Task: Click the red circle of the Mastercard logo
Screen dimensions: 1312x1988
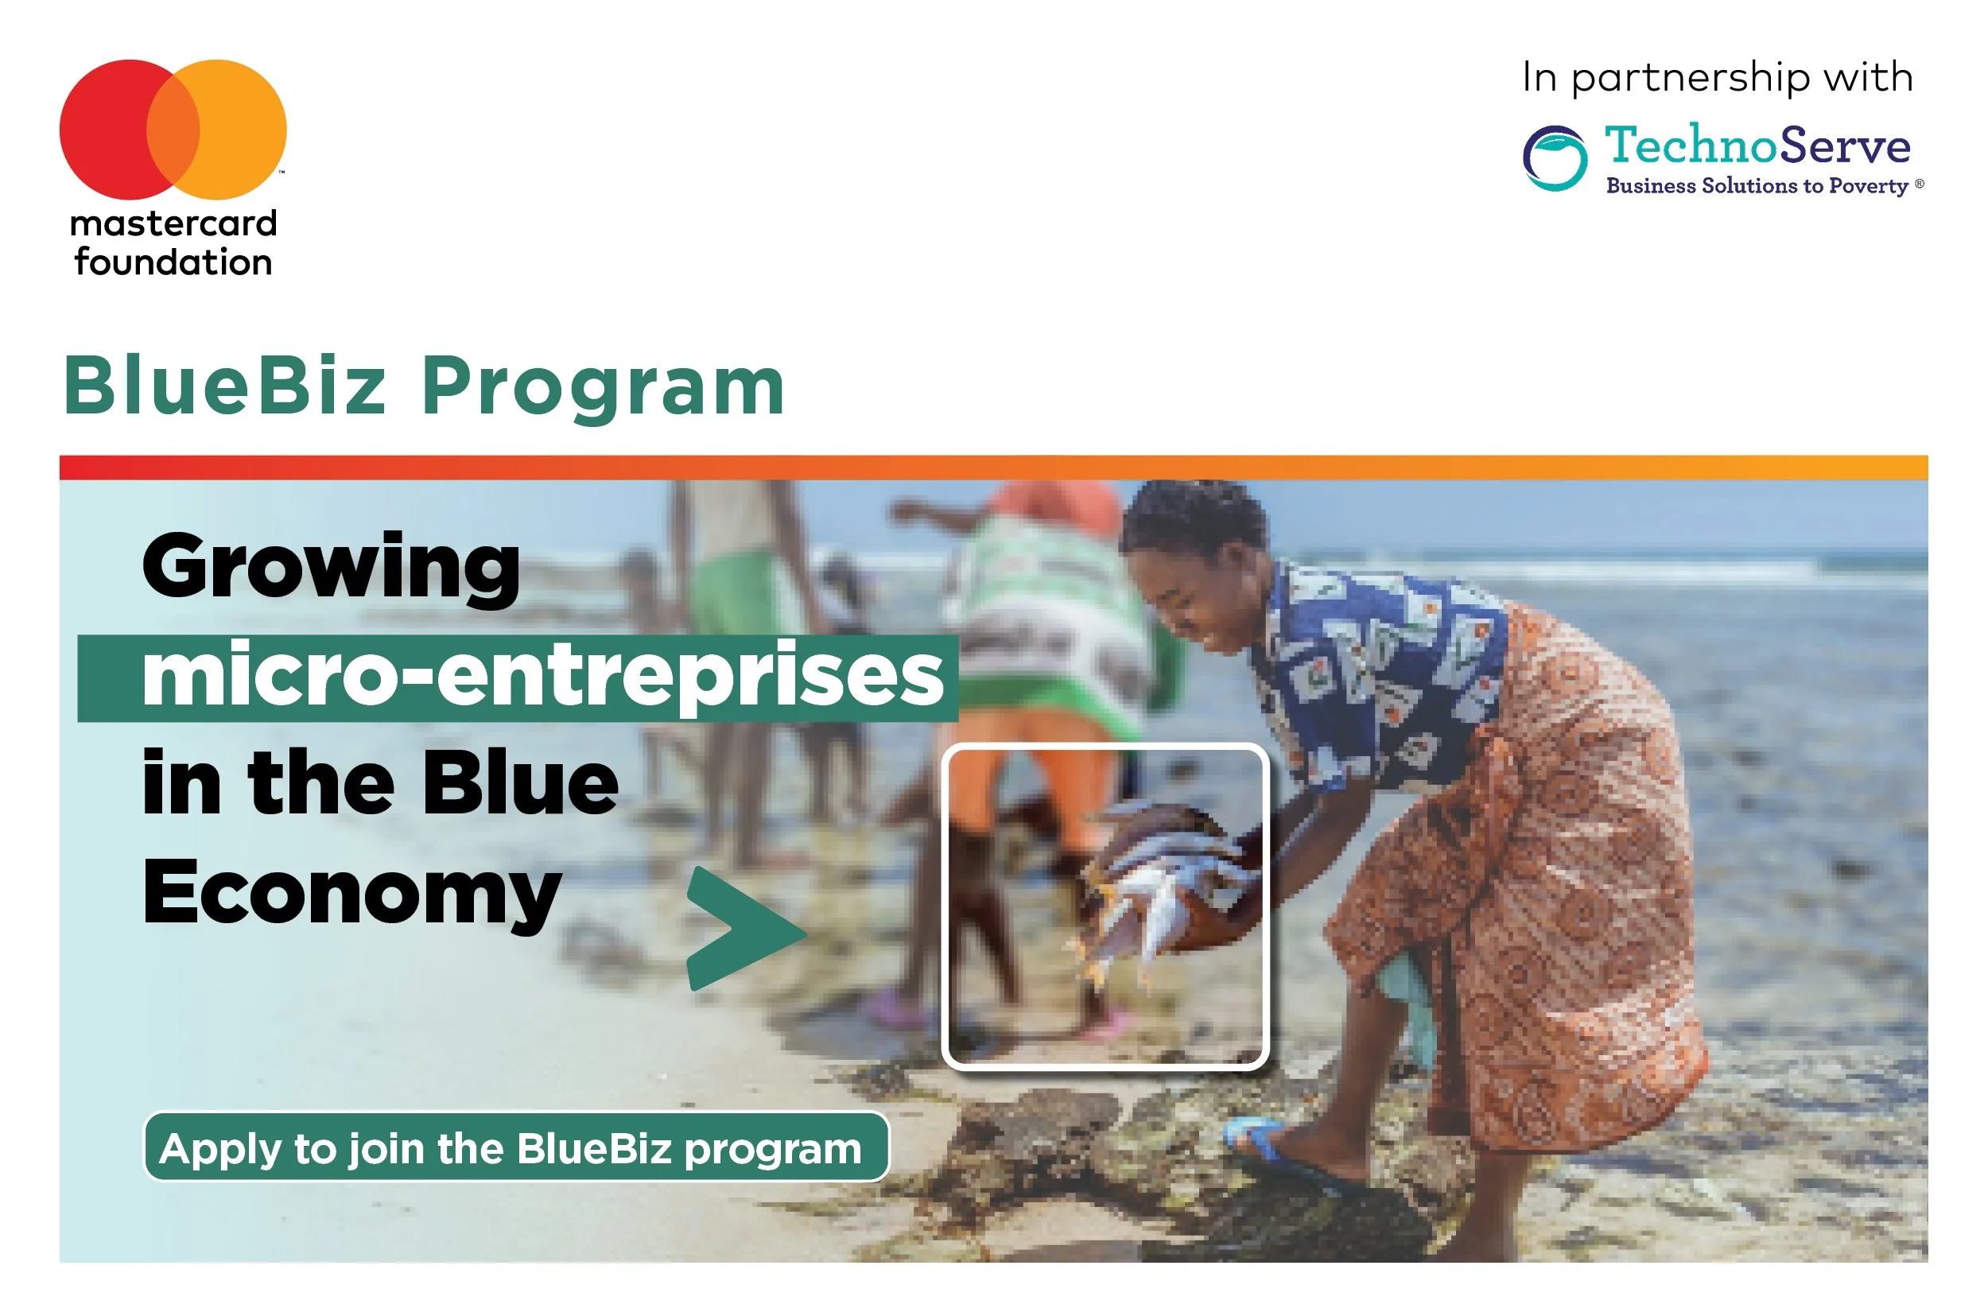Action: pos(105,130)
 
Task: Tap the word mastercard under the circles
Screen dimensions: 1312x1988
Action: pos(173,223)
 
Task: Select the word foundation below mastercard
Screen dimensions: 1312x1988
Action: pos(173,262)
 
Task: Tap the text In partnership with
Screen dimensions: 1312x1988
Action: pos(1717,78)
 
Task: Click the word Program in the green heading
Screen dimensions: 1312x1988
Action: pos(604,386)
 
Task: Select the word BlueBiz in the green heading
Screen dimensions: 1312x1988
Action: pos(226,386)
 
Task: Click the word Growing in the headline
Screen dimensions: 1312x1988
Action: pos(332,569)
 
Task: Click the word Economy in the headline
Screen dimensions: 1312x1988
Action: pos(351,894)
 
